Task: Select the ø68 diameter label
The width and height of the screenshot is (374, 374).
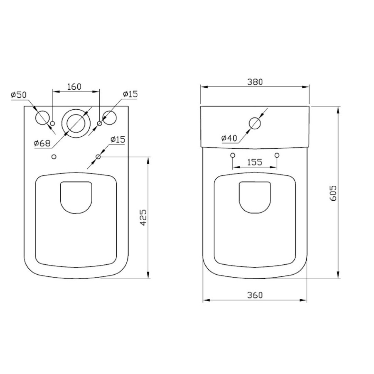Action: click(x=42, y=143)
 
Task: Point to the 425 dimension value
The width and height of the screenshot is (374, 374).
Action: click(x=143, y=217)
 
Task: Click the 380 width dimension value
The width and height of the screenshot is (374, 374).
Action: click(x=255, y=82)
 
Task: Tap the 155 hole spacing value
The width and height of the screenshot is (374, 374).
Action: click(x=255, y=162)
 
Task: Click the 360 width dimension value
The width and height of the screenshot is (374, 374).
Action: click(x=255, y=295)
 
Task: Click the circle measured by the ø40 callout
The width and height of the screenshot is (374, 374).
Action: click(x=255, y=123)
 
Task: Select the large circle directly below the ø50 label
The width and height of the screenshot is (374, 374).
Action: click(x=42, y=118)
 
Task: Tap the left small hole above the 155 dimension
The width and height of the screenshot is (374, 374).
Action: click(x=233, y=155)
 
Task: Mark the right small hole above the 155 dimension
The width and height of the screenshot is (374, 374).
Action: click(x=277, y=155)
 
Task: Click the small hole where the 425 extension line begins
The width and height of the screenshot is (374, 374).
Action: click(x=98, y=157)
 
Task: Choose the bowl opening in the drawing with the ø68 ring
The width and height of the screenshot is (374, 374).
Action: click(x=75, y=197)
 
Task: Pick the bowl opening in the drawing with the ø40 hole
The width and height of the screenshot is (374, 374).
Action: click(x=254, y=197)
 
